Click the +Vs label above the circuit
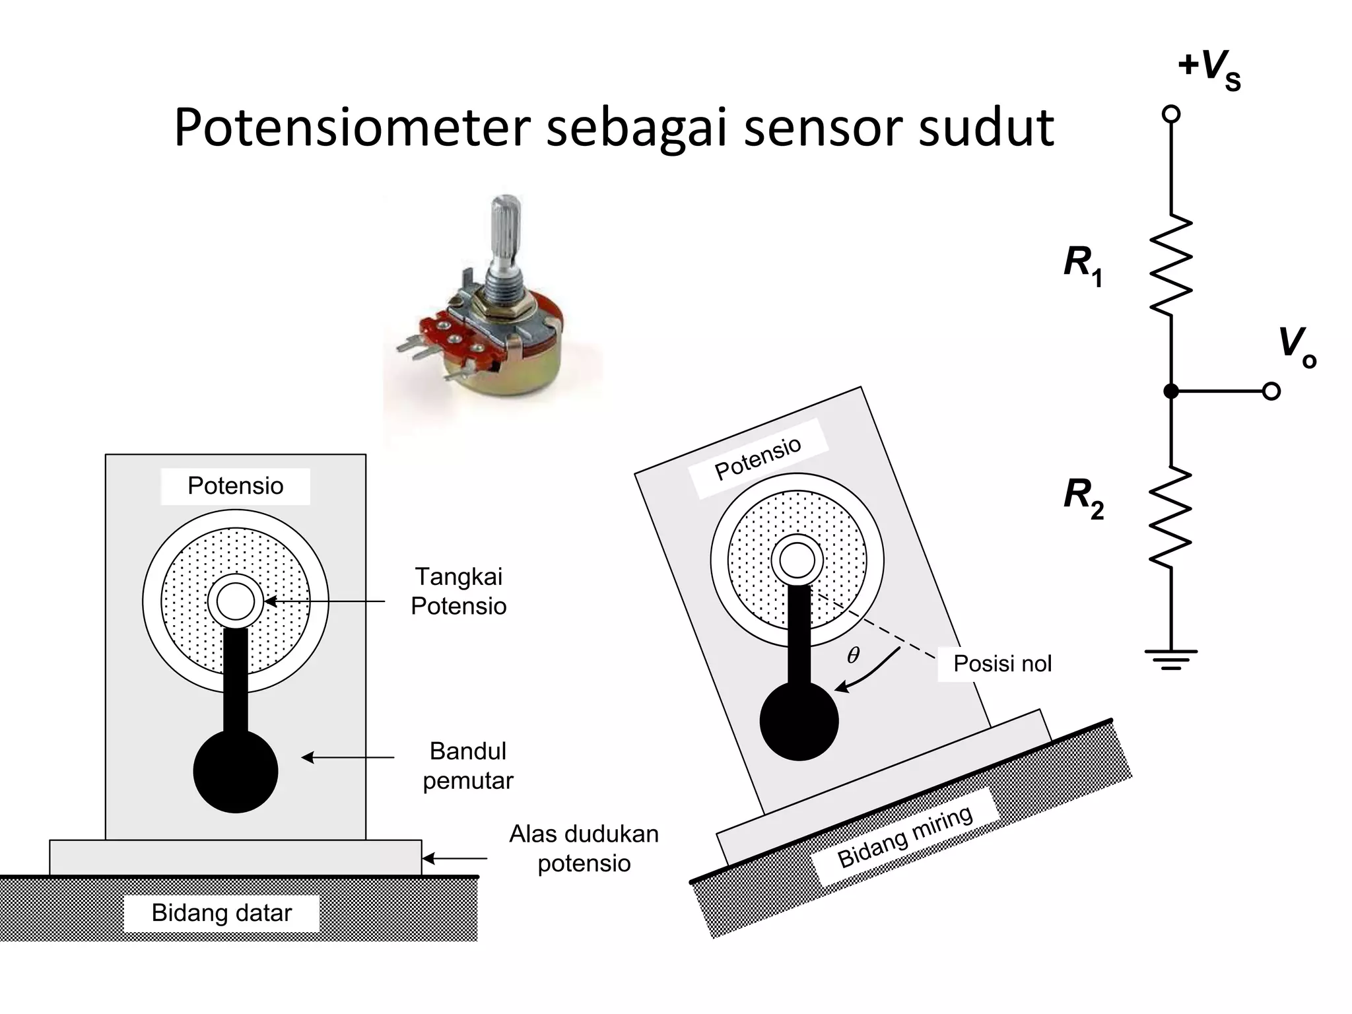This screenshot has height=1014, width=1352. click(x=1209, y=69)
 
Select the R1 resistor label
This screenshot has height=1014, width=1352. click(x=1082, y=264)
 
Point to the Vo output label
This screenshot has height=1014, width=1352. click(x=1296, y=347)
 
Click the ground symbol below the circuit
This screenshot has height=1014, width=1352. click(x=1170, y=659)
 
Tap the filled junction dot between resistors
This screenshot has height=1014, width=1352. click(x=1170, y=391)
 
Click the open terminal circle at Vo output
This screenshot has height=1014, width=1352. click(x=1271, y=391)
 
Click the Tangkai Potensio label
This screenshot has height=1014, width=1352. click(x=458, y=591)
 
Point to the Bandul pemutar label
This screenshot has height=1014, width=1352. click(x=467, y=766)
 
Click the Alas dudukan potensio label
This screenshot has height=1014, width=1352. click(x=584, y=848)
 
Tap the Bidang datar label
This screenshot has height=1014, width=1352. click(x=221, y=913)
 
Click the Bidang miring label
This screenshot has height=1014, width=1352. click(x=905, y=836)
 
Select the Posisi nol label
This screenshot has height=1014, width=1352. click(x=1001, y=663)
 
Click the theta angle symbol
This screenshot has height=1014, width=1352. click(x=853, y=655)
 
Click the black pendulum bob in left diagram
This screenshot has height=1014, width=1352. click(x=236, y=771)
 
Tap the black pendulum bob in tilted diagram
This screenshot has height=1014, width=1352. click(x=799, y=721)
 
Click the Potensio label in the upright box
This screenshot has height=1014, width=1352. click(x=235, y=486)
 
